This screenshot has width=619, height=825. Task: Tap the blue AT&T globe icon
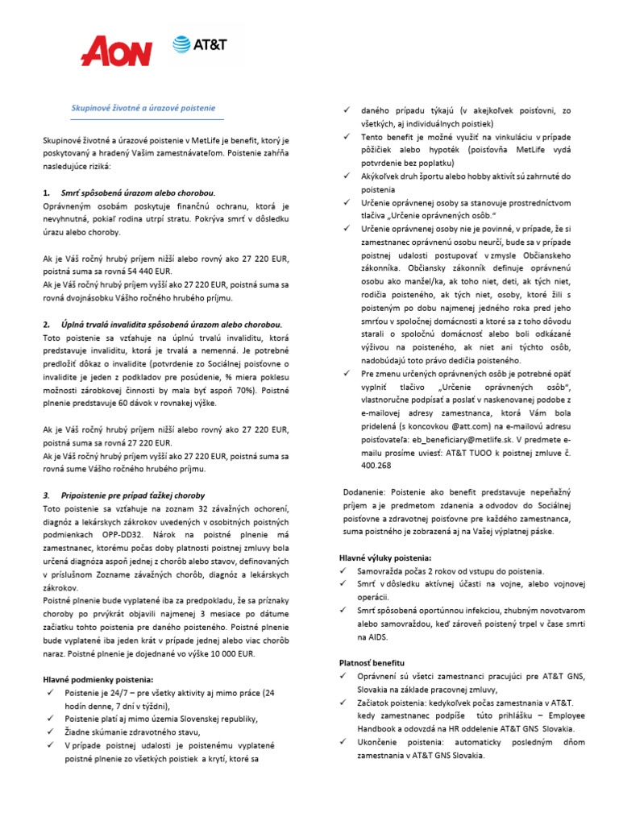coord(181,45)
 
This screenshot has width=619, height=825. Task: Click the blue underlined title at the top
coord(139,107)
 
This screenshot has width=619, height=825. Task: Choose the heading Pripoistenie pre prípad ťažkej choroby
coord(133,495)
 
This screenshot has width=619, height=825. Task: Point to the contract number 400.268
coord(376,465)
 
